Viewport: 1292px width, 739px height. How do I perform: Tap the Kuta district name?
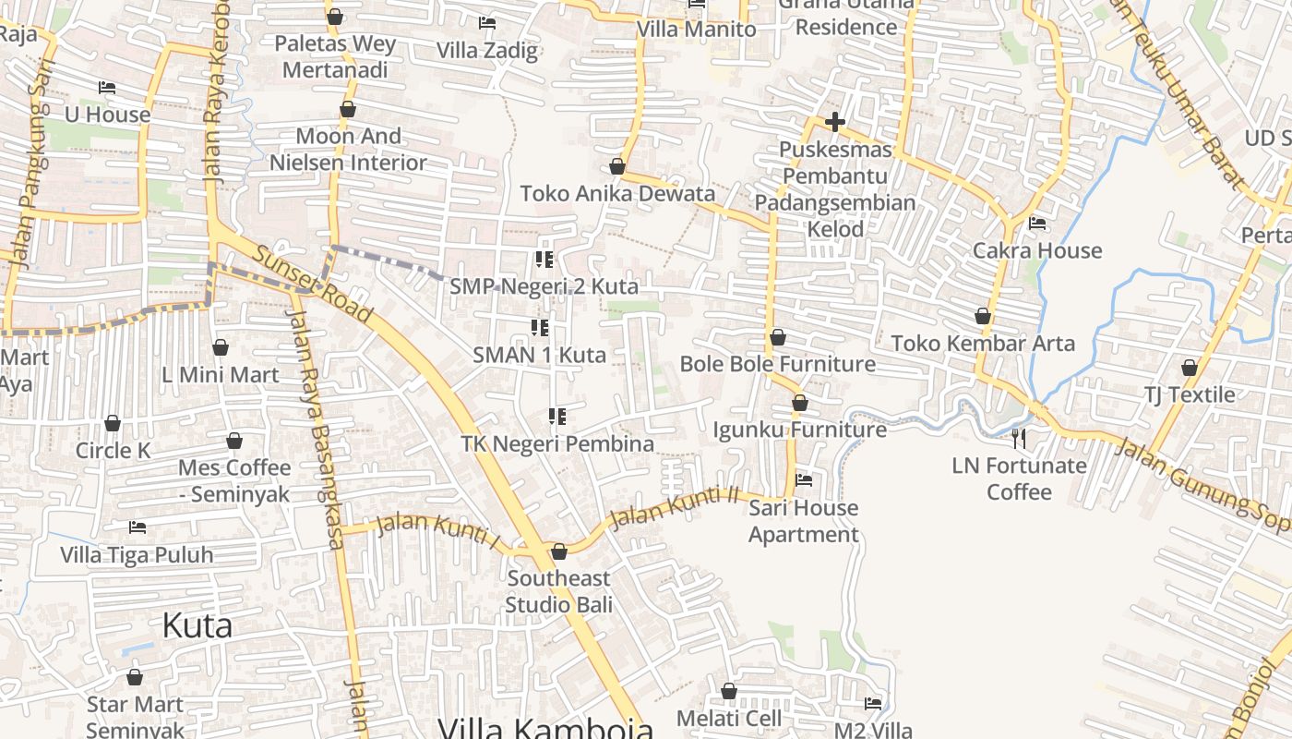197,625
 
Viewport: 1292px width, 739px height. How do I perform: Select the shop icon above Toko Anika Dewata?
617,167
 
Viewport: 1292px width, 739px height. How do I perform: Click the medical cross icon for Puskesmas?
835,122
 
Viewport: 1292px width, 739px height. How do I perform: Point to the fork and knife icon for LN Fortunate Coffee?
1019,438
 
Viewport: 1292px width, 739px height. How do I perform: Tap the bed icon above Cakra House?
1037,224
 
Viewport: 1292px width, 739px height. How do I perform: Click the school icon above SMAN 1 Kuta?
540,327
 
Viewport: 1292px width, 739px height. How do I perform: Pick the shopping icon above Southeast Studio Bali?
559,552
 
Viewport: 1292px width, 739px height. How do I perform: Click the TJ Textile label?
1190,394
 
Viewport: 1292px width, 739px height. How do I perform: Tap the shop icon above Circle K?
113,423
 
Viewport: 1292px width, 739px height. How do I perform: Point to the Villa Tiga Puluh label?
137,555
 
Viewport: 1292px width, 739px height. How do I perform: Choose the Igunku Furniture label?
799,430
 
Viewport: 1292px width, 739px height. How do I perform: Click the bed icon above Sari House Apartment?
804,480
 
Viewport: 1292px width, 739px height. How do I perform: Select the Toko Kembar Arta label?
983,344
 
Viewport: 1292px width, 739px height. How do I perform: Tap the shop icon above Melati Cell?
729,691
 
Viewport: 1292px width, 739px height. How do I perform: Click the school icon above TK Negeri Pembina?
556,417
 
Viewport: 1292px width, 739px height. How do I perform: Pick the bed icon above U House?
107,88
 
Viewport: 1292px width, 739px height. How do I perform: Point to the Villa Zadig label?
486,50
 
